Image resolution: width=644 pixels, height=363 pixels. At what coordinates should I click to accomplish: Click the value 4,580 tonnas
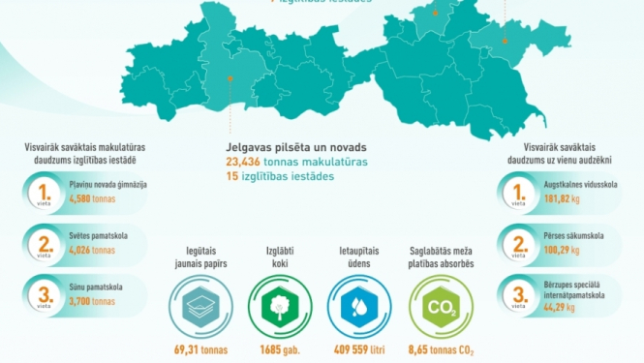point(93,197)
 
